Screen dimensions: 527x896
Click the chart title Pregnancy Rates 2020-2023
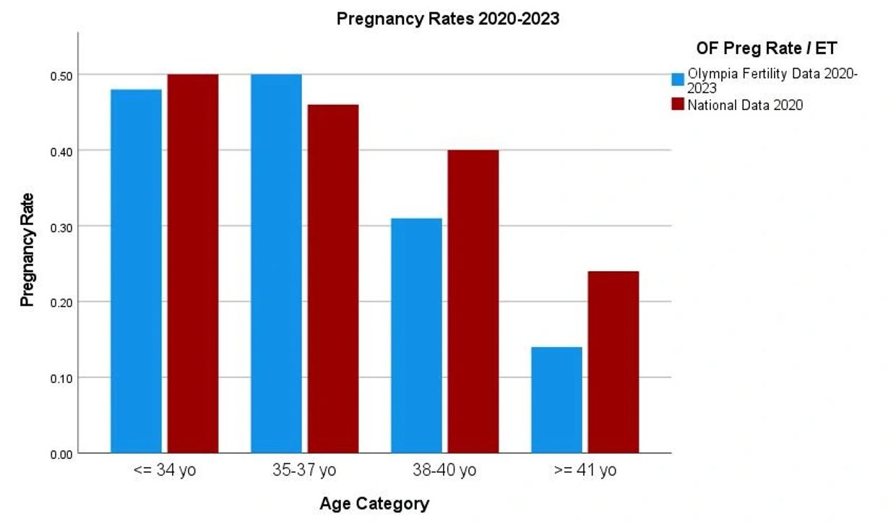447,19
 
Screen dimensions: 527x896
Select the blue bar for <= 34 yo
136,271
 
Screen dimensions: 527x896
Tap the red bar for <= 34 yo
193,264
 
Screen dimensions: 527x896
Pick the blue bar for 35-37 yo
276,264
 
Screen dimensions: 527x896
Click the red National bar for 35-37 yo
333,279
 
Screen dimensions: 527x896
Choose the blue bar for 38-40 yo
416,335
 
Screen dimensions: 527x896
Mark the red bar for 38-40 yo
473,301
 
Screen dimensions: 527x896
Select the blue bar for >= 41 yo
556,400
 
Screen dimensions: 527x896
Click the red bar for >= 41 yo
613,362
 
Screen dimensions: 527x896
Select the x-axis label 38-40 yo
444,471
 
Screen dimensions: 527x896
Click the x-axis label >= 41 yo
585,471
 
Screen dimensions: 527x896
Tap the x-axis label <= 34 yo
165,471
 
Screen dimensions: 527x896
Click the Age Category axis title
374,504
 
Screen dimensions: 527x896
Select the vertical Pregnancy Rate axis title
27,249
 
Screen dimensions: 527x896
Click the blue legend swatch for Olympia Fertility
678,80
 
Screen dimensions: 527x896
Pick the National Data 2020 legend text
745,106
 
